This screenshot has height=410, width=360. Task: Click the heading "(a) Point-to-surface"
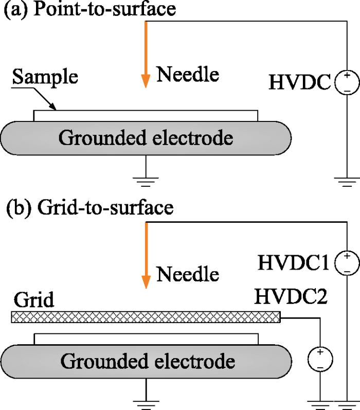point(89,10)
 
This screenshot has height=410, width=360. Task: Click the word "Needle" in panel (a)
point(188,75)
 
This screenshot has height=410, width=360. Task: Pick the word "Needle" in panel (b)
point(188,274)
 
